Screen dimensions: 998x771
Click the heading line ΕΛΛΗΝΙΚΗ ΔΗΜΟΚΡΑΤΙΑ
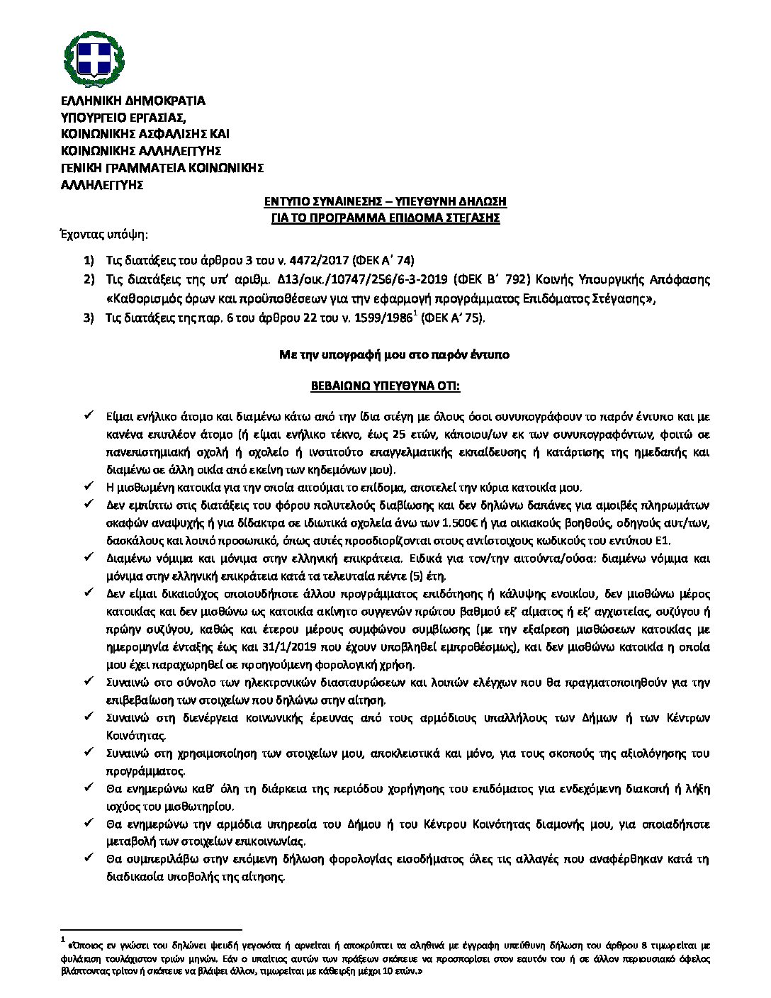tap(133, 101)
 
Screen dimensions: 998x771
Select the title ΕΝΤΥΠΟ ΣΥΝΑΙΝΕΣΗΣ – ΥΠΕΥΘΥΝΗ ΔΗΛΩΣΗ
tap(385, 202)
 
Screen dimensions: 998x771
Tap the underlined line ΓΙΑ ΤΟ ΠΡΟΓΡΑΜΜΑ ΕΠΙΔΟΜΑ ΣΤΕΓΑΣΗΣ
tap(385, 218)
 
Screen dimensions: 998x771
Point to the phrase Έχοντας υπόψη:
tap(104, 235)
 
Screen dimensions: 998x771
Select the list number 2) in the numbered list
tap(89, 279)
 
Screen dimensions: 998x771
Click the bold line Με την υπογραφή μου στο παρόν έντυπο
tap(394, 354)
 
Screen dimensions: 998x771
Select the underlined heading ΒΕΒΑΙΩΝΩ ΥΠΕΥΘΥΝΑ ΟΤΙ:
tap(385, 386)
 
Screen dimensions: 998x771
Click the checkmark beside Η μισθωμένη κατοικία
tap(89, 487)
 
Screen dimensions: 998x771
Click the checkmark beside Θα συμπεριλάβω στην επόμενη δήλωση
tap(89, 859)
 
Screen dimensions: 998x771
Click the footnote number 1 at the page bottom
tap(63, 941)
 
